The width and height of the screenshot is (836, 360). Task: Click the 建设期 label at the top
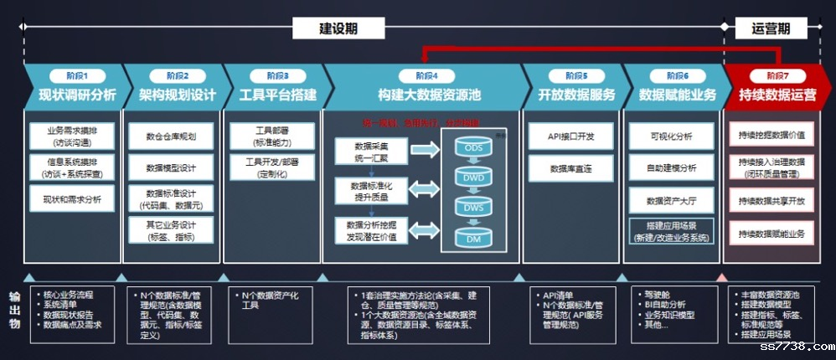pyautogui.click(x=338, y=28)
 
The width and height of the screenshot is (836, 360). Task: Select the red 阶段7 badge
pyautogui.click(x=771, y=75)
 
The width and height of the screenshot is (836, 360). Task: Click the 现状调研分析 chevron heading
pyautogui.click(x=78, y=95)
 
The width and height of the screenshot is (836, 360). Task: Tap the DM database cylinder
pyautogui.click(x=473, y=239)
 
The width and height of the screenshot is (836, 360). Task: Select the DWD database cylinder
pyautogui.click(x=473, y=178)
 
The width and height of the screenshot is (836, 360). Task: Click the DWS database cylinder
pyautogui.click(x=473, y=208)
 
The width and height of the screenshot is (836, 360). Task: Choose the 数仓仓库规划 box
pyautogui.click(x=170, y=136)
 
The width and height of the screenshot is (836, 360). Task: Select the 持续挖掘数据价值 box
pyautogui.click(x=771, y=135)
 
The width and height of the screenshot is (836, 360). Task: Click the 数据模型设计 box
pyautogui.click(x=170, y=167)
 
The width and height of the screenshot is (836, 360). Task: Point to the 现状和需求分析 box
pyautogui.click(x=72, y=199)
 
